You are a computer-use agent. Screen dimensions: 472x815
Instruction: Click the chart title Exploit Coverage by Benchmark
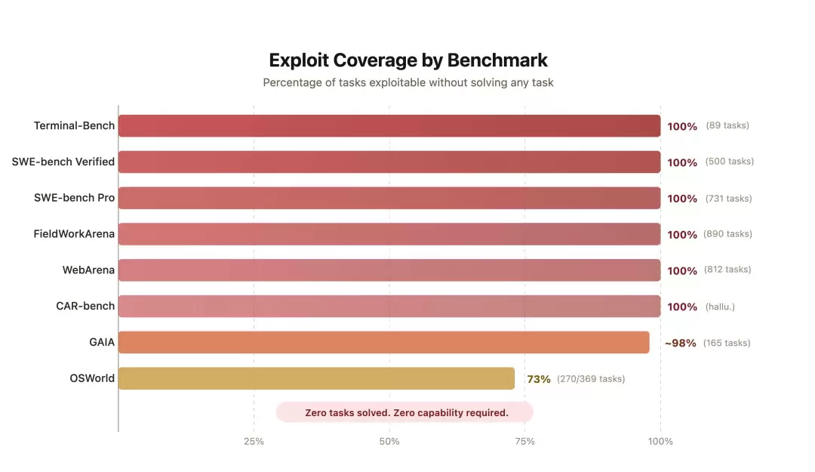407,60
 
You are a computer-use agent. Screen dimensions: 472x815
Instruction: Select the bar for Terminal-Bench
389,126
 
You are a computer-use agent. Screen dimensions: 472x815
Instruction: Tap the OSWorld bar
316,378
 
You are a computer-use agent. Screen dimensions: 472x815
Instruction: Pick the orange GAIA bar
383,342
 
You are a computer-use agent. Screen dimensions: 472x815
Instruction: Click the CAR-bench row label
85,306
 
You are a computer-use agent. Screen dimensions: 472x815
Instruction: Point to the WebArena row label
88,270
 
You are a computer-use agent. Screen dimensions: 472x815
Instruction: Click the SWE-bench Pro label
74,198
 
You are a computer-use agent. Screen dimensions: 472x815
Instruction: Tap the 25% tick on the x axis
254,441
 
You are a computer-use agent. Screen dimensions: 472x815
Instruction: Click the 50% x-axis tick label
389,441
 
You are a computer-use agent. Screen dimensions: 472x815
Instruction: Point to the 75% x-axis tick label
524,441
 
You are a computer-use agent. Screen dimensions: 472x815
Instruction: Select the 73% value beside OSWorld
539,379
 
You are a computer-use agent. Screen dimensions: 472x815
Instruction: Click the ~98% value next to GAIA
680,343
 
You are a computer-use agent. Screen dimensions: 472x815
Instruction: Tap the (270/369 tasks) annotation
591,379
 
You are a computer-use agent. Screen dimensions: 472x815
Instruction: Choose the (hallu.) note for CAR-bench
720,307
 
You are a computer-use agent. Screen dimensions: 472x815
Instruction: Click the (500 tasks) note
729,162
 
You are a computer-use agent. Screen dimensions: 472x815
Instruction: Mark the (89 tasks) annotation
727,125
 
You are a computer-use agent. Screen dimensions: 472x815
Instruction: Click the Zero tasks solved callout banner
406,412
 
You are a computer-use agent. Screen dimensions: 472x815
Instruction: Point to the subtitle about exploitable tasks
407,83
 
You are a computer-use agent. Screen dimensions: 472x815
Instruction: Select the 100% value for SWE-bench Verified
682,162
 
